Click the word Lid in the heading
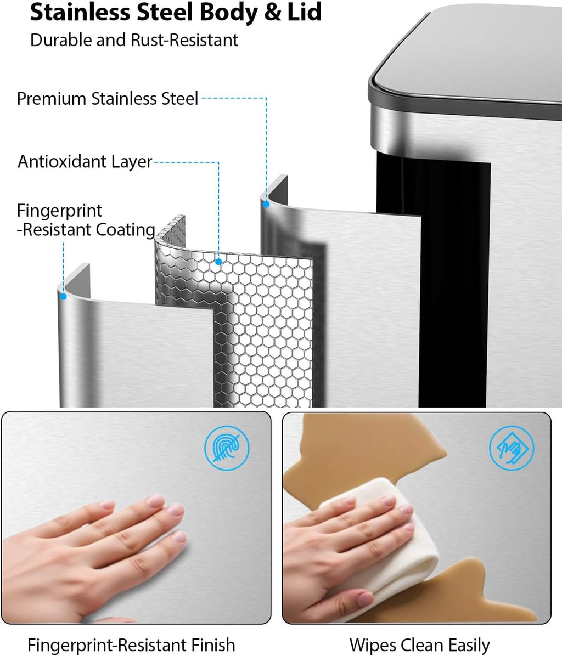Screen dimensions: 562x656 [304, 12]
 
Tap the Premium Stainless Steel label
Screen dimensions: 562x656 [108, 99]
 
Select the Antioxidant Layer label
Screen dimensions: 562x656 [85, 161]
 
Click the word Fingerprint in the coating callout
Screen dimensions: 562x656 [59, 211]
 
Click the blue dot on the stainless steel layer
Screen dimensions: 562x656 [266, 205]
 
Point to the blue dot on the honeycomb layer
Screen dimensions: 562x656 [218, 262]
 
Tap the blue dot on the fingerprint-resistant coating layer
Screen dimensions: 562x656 [63, 297]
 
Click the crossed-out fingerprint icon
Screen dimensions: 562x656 [227, 448]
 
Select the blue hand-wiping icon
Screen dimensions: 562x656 [512, 448]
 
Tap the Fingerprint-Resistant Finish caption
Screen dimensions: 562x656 [131, 644]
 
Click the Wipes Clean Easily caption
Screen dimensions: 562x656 [419, 645]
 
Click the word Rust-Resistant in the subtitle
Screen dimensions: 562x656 [184, 40]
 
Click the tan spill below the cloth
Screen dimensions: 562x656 [494, 594]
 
